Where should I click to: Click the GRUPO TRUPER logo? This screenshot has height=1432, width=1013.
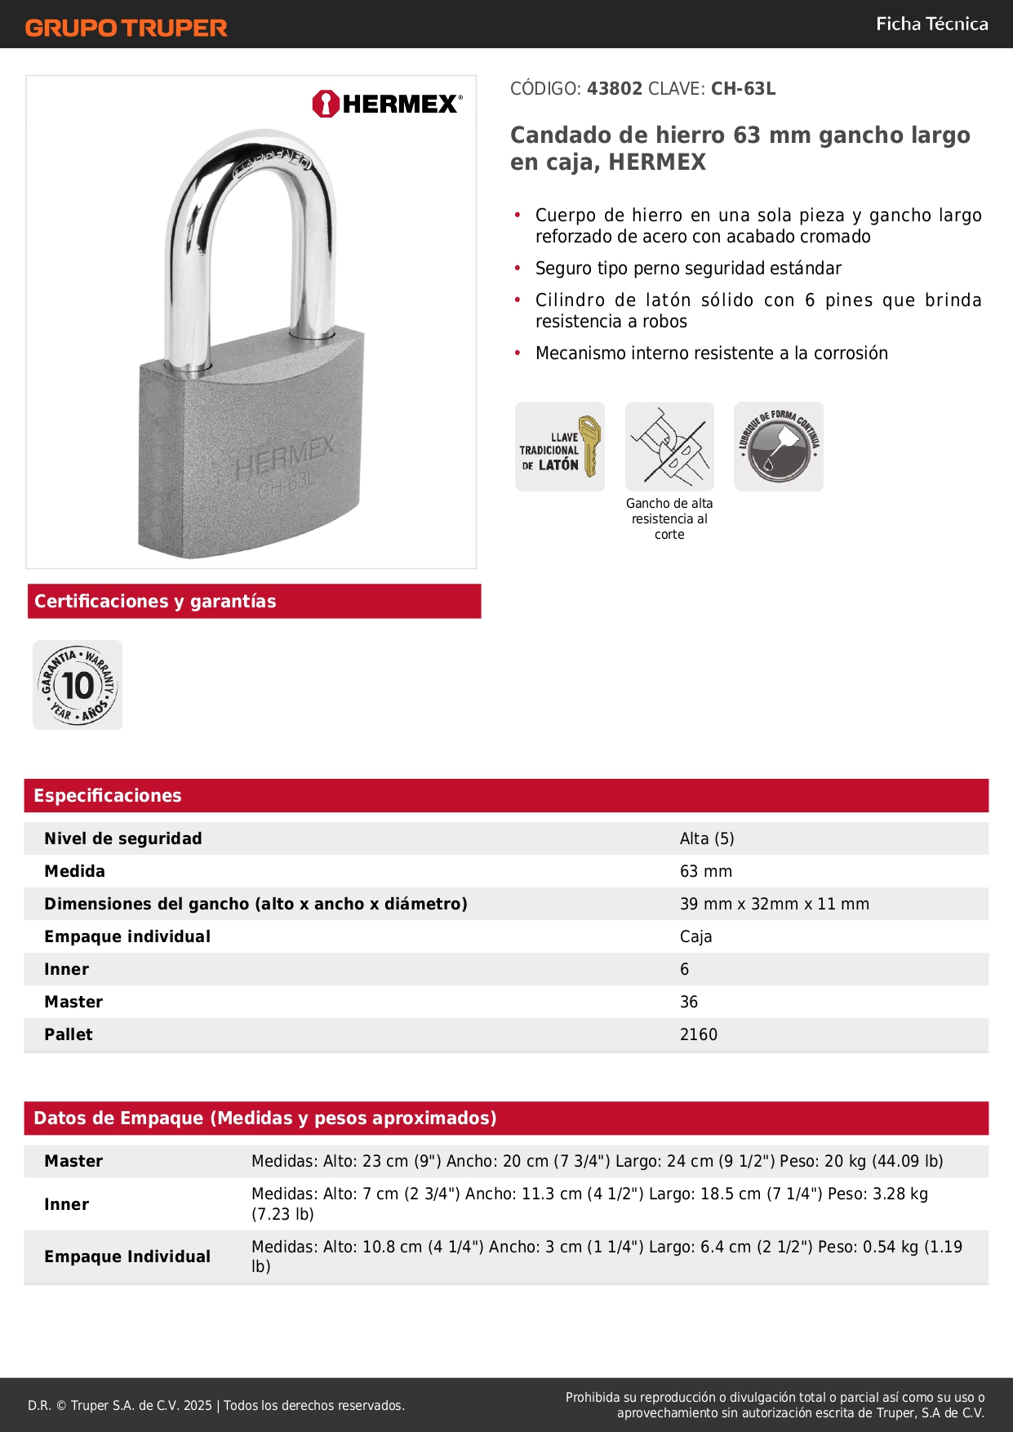pos(126,28)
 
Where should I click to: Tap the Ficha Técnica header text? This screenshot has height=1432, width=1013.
pos(931,24)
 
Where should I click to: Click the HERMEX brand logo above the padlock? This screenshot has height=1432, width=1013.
pos(387,104)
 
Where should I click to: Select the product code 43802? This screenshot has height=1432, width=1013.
pos(615,88)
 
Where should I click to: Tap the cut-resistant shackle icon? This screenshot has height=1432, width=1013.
pos(669,447)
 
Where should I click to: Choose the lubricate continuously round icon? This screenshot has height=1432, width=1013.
pos(779,447)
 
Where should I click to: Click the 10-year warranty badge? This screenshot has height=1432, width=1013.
pos(78,685)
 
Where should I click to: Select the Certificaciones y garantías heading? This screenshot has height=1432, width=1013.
pos(155,602)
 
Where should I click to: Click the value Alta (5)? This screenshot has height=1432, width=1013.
pos(707,838)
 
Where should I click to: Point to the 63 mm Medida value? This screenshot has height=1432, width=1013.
pos(706,871)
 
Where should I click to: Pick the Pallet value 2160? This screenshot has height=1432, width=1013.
pos(699,1034)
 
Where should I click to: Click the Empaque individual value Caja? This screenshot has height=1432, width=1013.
pos(695,936)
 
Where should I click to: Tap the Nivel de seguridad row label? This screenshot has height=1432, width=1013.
pos(123,838)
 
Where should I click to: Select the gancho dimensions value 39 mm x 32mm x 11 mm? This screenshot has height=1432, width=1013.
pos(775,904)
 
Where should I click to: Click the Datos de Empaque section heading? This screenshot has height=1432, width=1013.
pos(265,1118)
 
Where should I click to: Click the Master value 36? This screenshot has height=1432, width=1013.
pos(689,1002)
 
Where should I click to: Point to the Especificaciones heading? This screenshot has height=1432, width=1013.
pos(108,795)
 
